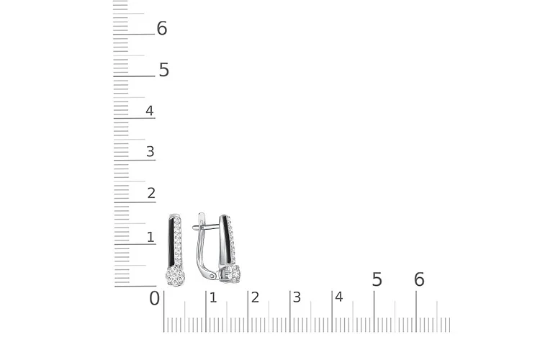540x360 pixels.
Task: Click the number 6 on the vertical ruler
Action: (162, 28)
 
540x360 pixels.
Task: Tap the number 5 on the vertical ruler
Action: (164, 70)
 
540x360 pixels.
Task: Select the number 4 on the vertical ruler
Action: (150, 111)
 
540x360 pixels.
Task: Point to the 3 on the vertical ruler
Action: (150, 152)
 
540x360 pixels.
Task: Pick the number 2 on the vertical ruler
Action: (151, 193)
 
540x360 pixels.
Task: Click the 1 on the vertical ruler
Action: (150, 237)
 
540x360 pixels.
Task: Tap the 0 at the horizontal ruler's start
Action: (155, 298)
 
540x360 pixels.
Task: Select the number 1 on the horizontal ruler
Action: (213, 297)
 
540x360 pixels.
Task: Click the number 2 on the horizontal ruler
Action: (255, 297)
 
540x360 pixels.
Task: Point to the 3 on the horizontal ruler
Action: (297, 297)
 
